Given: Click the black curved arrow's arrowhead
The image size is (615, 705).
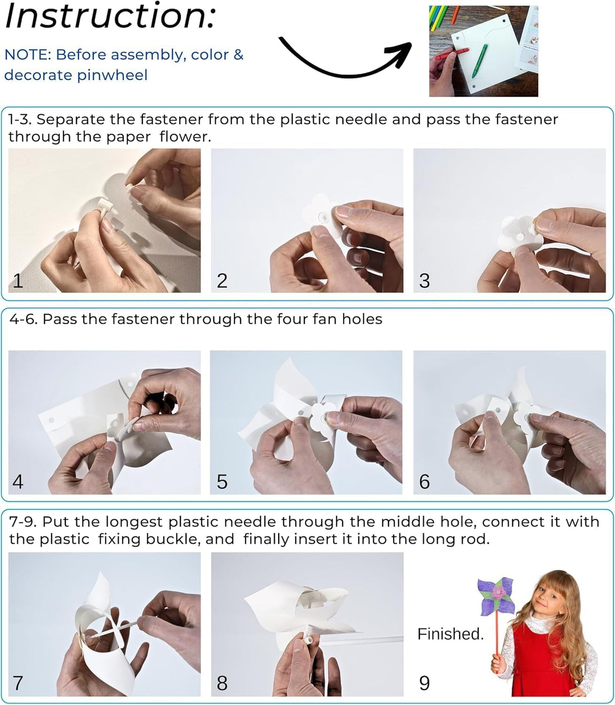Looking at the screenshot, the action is click(399, 54).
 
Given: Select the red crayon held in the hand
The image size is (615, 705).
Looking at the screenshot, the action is click(452, 54).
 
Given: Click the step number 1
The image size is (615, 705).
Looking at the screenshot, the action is click(18, 281).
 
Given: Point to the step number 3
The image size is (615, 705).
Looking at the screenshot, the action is click(424, 281).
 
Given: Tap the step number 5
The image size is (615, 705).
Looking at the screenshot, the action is click(222, 481).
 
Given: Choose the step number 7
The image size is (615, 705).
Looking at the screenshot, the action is click(18, 683).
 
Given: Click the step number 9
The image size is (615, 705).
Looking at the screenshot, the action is click(424, 683).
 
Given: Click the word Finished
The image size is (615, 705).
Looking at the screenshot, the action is click(450, 634).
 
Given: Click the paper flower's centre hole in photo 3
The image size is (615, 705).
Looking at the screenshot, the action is click(519, 237).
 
